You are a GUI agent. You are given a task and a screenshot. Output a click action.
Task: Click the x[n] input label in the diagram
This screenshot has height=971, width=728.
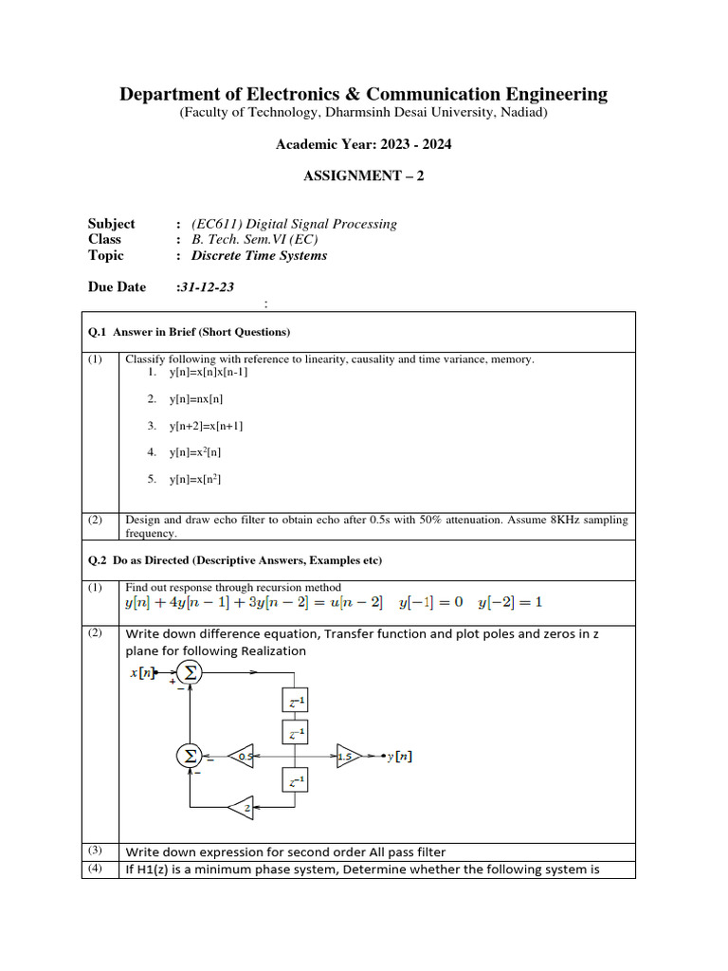point(146,674)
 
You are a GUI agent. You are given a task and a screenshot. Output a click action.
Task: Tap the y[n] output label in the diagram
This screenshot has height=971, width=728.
point(401,756)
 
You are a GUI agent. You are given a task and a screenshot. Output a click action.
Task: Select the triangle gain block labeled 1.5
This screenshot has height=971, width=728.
point(348,756)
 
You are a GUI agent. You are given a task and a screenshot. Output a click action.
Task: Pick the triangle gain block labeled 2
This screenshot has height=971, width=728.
point(242,808)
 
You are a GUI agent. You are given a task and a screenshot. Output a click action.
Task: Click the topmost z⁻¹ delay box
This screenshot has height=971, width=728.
point(297,702)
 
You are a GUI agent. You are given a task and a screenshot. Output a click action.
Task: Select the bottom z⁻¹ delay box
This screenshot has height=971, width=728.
point(297,780)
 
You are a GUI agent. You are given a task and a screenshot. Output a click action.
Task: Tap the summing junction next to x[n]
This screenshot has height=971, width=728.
point(191,672)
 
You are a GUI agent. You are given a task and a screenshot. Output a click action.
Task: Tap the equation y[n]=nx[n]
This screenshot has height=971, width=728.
point(196,399)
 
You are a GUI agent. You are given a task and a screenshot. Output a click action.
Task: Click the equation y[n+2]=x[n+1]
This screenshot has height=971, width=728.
point(207,426)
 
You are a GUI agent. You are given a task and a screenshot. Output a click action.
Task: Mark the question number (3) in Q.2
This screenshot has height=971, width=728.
point(95,850)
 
